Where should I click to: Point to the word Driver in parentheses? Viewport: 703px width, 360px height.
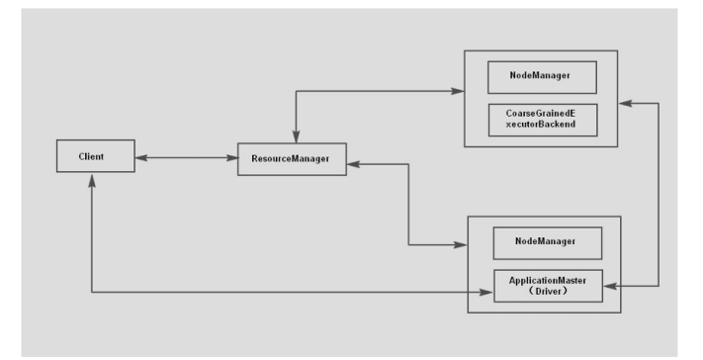point(548,292)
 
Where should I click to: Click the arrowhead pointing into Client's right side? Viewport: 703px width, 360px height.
point(141,158)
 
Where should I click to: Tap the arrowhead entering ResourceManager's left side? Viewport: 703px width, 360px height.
point(231,158)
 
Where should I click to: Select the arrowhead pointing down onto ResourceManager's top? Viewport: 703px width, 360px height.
point(296,136)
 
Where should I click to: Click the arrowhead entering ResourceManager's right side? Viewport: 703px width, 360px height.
point(353,164)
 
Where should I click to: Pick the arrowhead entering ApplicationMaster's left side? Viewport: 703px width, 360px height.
point(486,293)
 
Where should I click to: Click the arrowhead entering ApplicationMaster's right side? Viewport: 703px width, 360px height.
point(610,286)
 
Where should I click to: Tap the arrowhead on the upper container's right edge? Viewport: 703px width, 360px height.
point(625,104)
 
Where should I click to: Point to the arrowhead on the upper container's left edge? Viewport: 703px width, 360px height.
point(458,91)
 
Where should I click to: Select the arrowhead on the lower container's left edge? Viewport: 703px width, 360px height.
point(461,245)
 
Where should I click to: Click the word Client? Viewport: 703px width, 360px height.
point(91,156)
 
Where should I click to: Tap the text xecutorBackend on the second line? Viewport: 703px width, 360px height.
point(541,125)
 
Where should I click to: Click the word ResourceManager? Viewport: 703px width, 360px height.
point(290,158)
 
